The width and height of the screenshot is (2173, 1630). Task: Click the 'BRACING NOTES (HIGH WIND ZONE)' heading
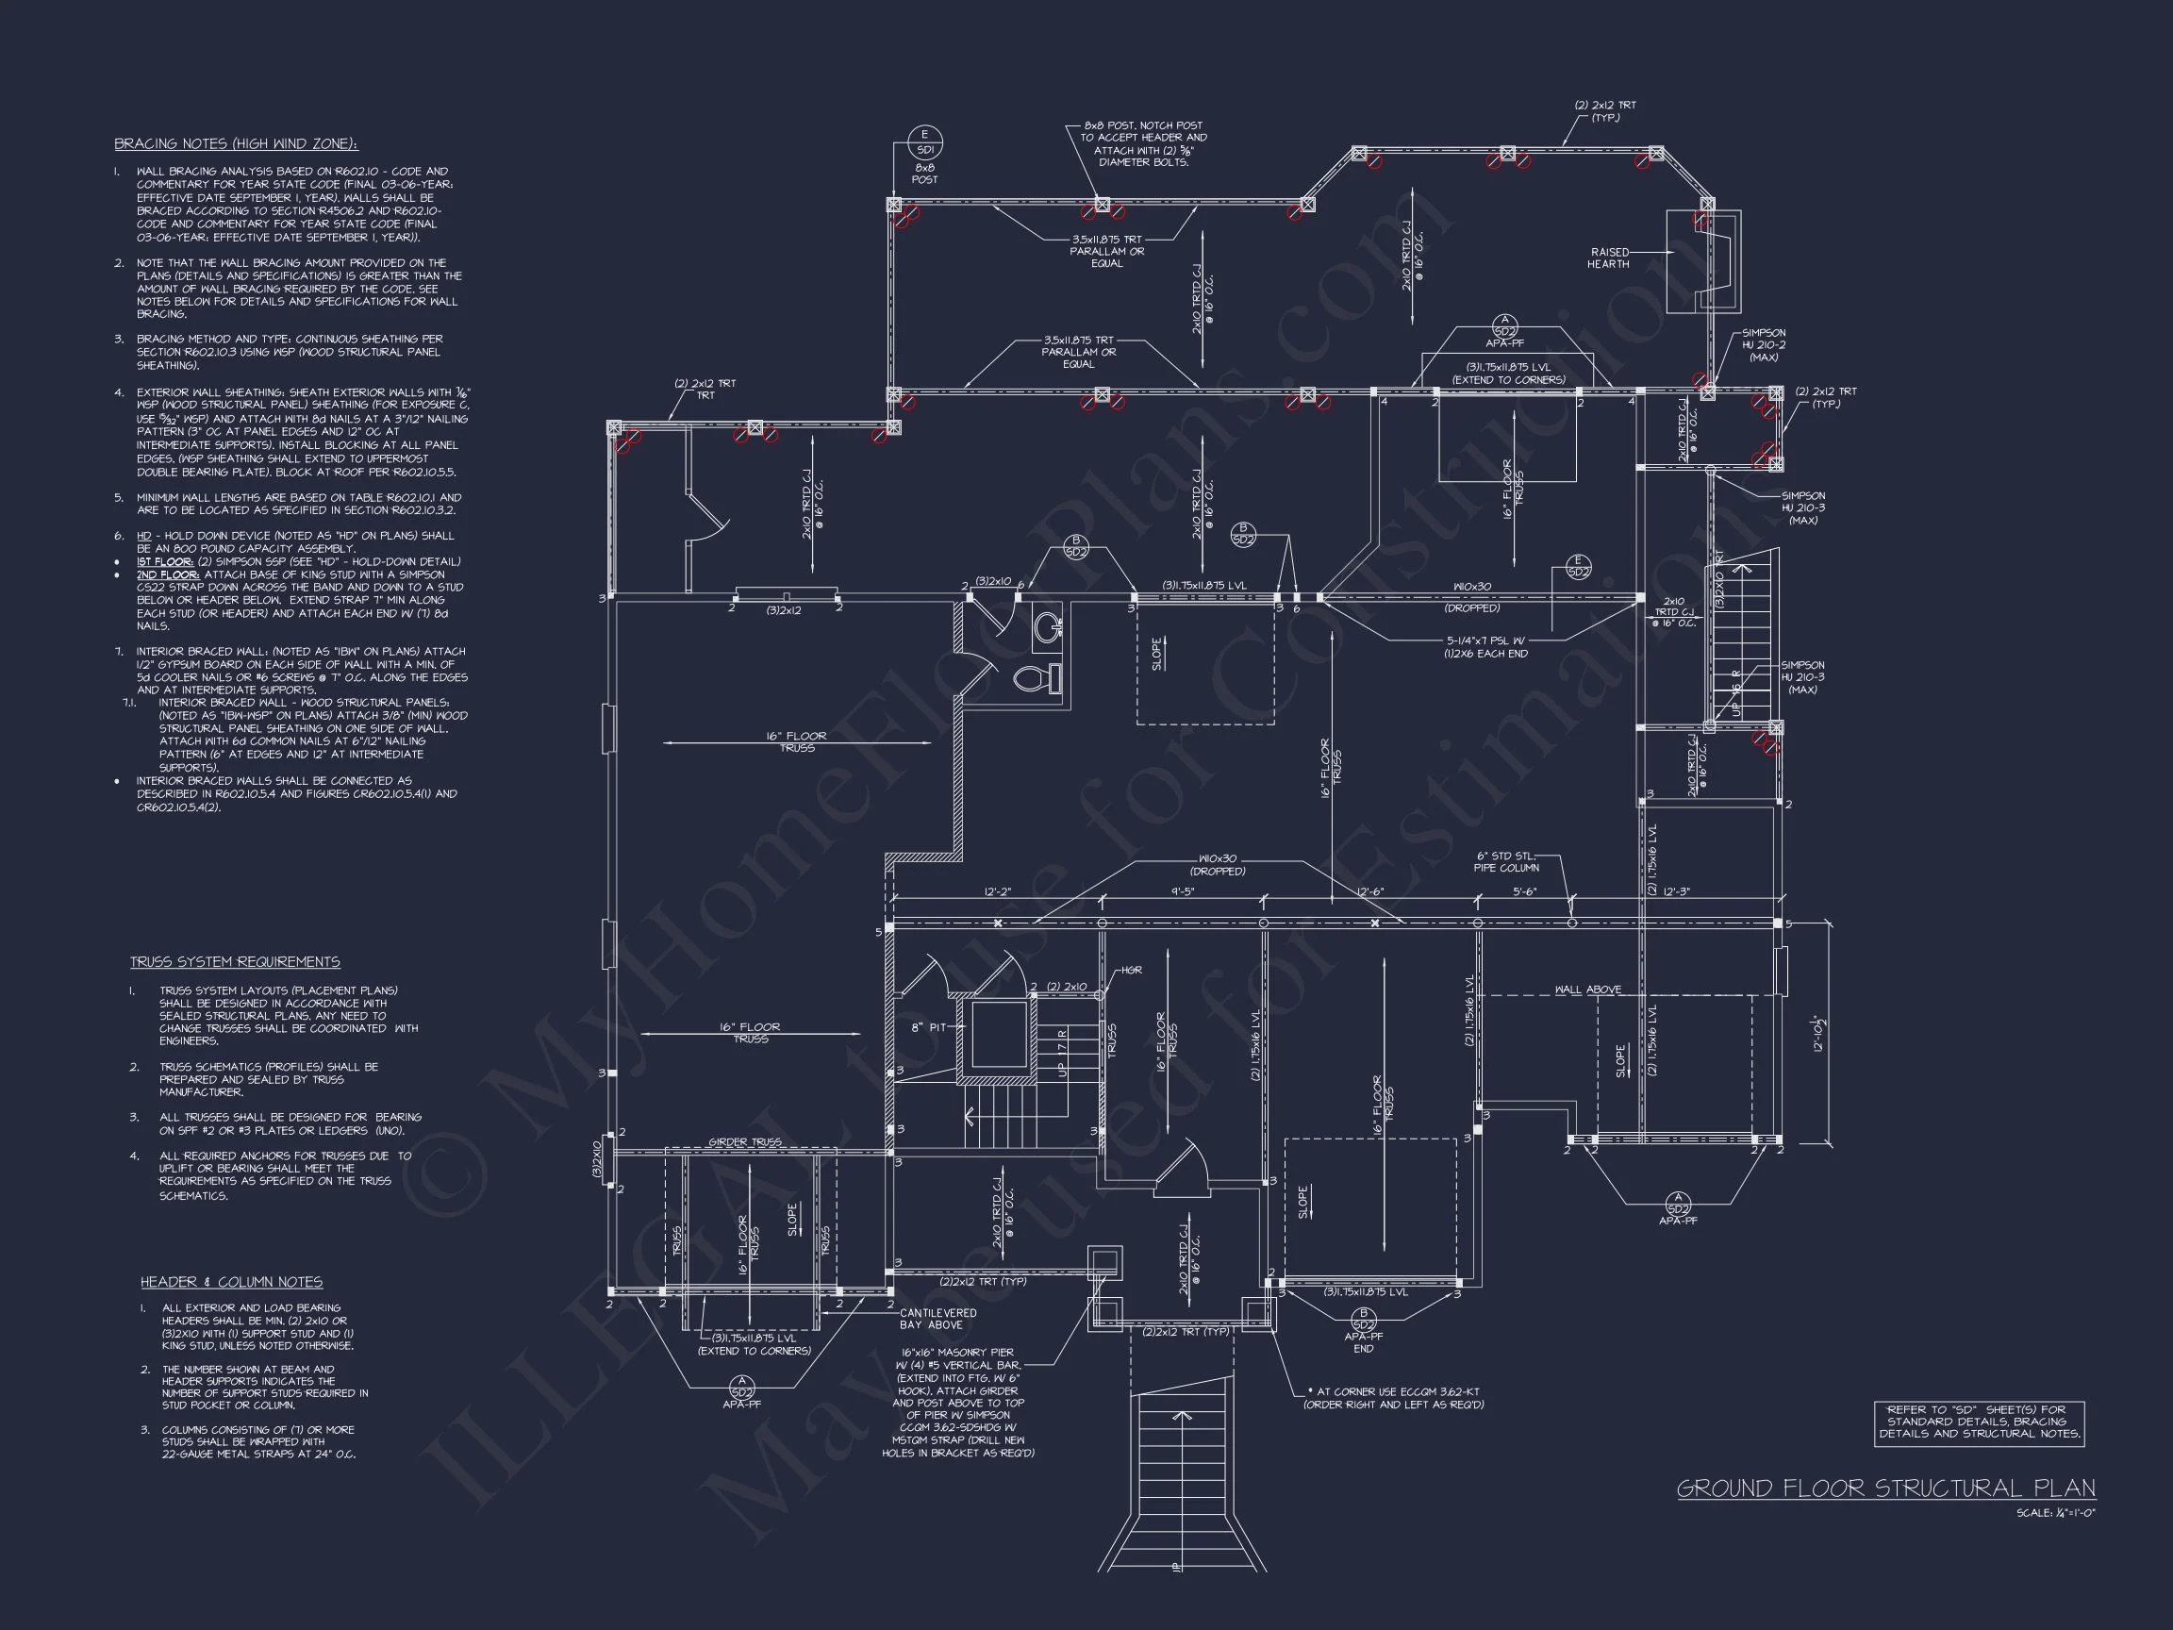click(236, 144)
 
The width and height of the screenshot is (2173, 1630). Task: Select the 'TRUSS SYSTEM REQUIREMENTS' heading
click(235, 962)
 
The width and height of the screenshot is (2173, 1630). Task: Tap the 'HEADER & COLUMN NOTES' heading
click(231, 1282)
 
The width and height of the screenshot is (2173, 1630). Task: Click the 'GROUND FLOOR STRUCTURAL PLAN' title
click(1885, 1489)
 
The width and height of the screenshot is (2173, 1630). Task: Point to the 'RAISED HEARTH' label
click(1608, 258)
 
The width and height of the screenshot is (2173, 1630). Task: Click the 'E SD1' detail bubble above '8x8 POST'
click(923, 143)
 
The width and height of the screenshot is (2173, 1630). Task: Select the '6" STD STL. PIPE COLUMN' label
click(1505, 861)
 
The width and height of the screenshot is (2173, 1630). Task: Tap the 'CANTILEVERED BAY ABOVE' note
click(938, 1319)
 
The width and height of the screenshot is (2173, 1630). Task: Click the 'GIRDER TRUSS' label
click(745, 1142)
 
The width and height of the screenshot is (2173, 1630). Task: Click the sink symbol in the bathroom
click(1049, 625)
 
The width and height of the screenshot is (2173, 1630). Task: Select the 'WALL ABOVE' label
click(1587, 990)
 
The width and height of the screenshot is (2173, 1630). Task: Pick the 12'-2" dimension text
click(997, 892)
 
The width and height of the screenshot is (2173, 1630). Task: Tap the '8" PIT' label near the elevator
click(929, 1026)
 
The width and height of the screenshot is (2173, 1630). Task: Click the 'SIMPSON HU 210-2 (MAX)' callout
click(1764, 345)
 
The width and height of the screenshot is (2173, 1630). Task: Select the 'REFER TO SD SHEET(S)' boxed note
click(1979, 1422)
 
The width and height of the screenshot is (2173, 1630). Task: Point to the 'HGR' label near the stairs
click(1132, 971)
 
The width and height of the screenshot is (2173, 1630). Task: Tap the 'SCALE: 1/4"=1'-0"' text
click(2055, 1513)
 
